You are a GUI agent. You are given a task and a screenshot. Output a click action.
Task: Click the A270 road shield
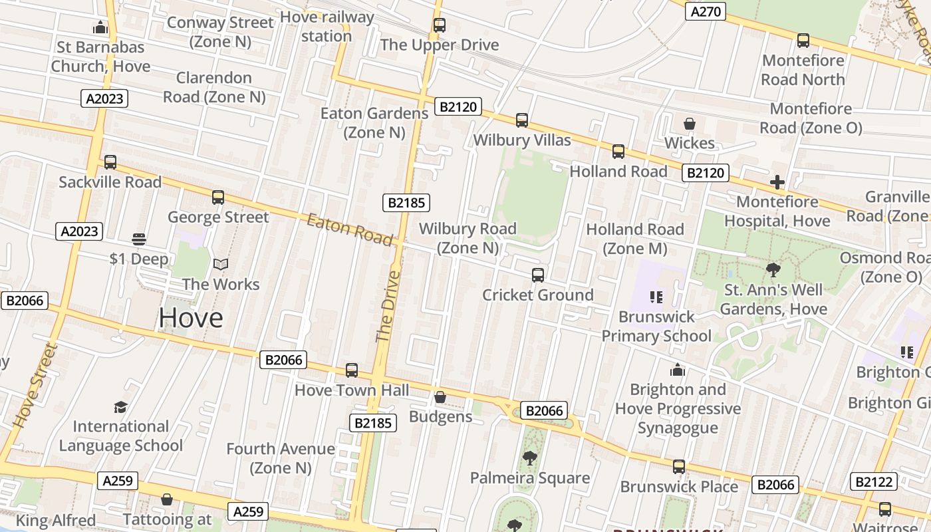706,11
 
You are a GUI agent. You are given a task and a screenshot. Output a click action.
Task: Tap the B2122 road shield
874,481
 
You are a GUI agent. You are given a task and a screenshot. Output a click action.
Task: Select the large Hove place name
191,318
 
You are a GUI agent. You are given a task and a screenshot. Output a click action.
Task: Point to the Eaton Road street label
350,229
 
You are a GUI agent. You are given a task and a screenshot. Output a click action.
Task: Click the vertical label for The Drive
389,306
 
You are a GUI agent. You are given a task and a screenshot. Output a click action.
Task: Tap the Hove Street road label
32,384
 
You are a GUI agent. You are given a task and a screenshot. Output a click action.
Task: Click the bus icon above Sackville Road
110,162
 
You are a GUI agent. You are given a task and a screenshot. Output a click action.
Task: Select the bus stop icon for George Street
218,197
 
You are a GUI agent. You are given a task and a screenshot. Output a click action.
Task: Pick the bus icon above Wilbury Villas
522,120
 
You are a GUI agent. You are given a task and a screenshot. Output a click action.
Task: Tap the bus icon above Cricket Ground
538,275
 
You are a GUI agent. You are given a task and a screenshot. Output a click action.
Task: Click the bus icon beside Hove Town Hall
352,370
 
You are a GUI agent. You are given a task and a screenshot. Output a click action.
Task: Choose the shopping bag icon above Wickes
690,124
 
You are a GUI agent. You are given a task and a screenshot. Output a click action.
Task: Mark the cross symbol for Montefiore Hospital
777,182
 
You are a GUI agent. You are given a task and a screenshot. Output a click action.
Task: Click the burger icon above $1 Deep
139,239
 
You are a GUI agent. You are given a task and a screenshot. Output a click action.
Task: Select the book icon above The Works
221,265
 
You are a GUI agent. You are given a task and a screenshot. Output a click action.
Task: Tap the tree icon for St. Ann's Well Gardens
773,270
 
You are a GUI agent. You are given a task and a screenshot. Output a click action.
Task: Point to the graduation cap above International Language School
120,407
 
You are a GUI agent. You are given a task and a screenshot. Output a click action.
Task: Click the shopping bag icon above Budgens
440,398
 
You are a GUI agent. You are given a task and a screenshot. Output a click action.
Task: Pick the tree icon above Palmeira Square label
530,458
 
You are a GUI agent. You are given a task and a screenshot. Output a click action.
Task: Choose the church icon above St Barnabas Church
100,27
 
